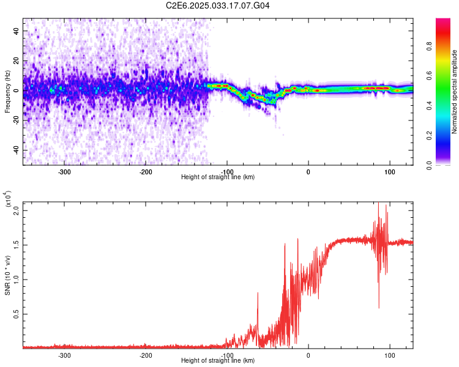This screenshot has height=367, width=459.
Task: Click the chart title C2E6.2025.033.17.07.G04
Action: [218, 6]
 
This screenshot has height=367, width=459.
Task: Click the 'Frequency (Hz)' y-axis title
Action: [7, 91]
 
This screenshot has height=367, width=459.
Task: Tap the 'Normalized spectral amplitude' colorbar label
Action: [455, 92]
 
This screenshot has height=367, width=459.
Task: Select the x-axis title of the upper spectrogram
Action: [218, 177]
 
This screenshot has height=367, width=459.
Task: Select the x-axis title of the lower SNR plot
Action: [218, 360]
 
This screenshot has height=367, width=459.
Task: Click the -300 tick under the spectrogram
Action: [64, 171]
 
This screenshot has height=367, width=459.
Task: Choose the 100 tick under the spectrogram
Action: [389, 171]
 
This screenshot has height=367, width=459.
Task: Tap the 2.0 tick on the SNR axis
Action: [16, 210]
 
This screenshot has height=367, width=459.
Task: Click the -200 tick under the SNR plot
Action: [146, 355]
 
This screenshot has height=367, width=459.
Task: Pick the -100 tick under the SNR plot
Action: [227, 355]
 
